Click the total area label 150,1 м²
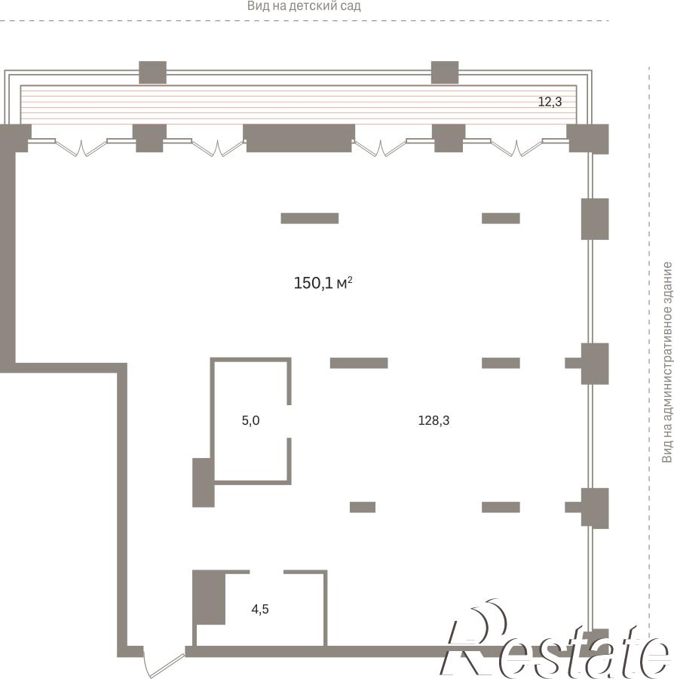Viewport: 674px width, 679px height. tap(323, 283)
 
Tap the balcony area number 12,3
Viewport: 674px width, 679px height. tap(550, 102)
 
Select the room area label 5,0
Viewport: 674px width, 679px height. tap(250, 420)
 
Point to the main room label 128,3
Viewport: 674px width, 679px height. tap(434, 420)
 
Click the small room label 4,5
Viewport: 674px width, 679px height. tap(260, 610)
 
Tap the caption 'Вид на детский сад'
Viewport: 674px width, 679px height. tap(304, 6)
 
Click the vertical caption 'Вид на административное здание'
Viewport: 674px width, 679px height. tap(667, 362)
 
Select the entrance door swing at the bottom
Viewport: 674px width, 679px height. tap(164, 662)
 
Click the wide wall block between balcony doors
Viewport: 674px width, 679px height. tap(299, 138)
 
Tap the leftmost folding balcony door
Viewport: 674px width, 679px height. tap(81, 147)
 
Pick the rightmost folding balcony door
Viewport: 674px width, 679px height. tap(516, 147)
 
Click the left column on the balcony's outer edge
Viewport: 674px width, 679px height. tap(153, 72)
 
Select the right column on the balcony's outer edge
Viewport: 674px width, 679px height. tap(445, 72)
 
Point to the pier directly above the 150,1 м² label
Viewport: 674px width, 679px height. tap(310, 218)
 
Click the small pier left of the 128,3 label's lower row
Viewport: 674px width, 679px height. tap(363, 507)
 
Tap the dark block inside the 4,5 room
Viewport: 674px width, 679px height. tap(209, 598)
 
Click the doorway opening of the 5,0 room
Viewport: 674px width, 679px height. tap(289, 421)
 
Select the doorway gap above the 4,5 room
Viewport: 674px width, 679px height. tap(266, 572)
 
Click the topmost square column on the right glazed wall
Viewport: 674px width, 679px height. tap(595, 219)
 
